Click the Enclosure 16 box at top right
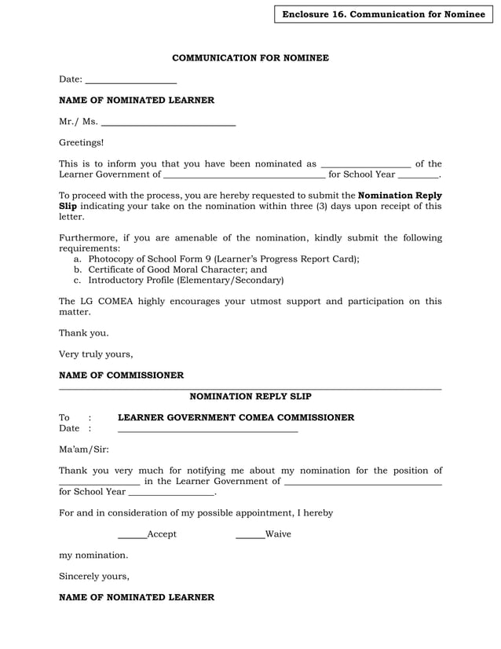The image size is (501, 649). pos(383,14)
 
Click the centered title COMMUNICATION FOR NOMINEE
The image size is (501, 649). pos(251,58)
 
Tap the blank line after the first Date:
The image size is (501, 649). pos(130,81)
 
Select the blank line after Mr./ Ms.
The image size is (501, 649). pos(169,123)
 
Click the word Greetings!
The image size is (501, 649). pos(81,143)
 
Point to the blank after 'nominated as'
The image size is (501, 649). pos(366,165)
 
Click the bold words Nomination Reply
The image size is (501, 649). pos(400,196)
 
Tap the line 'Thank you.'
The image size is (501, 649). pos(84,333)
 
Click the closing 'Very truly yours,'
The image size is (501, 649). pos(96,354)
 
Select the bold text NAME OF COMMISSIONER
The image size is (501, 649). pos(122,376)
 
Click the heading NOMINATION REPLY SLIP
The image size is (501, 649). pos(251,397)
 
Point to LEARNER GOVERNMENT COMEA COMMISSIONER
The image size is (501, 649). pos(236,418)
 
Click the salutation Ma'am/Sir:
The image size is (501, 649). pos(84,449)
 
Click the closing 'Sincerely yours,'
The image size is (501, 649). pos(94,576)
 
